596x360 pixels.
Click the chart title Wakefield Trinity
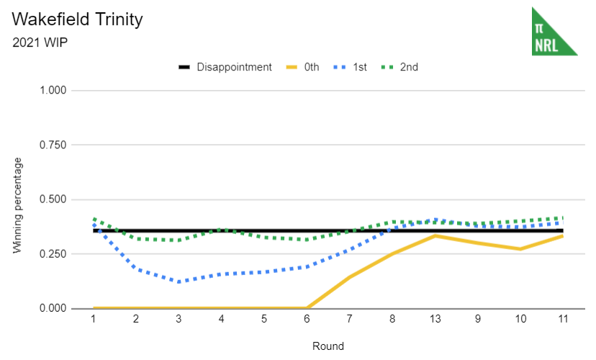point(78,19)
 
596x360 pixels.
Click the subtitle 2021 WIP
point(40,42)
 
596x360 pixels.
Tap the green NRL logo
point(554,32)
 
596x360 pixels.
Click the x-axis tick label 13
point(435,319)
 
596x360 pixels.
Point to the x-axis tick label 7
point(350,319)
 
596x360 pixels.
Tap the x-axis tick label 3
point(179,319)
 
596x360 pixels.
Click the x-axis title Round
point(328,346)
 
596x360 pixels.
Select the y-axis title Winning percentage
point(17,205)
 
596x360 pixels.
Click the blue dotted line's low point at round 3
point(179,282)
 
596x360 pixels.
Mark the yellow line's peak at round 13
point(435,235)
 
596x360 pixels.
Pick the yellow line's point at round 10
point(520,249)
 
